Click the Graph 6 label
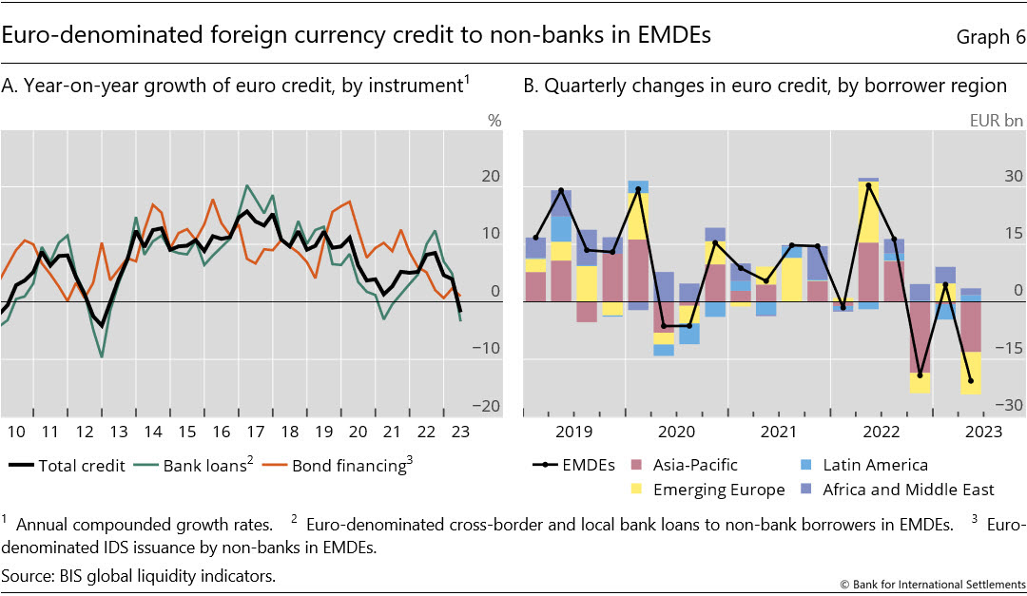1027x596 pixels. tap(982, 37)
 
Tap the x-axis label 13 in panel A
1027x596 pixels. tap(118, 432)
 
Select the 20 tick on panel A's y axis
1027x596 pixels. tap(491, 177)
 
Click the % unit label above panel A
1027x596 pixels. tap(494, 121)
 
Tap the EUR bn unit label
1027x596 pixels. tap(996, 121)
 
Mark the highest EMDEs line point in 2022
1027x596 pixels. tap(868, 185)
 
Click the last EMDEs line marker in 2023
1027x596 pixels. tap(971, 381)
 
